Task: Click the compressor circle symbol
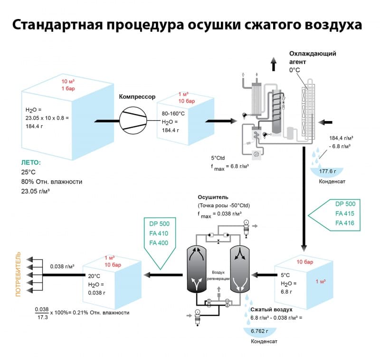click(x=133, y=121)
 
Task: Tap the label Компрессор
click(x=137, y=97)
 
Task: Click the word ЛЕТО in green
click(x=31, y=162)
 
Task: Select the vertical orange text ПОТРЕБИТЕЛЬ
click(x=18, y=274)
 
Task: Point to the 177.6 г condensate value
click(x=327, y=171)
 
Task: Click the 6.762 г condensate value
click(x=259, y=331)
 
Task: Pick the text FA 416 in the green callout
click(x=345, y=223)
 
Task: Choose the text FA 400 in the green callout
click(x=159, y=243)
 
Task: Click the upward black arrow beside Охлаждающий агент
click(x=274, y=64)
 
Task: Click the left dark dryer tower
click(x=197, y=269)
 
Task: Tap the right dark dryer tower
click(x=240, y=269)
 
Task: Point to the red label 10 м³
click(x=68, y=81)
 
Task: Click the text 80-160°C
click(x=173, y=114)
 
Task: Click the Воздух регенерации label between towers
click(x=218, y=275)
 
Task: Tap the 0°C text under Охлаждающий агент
click(x=294, y=70)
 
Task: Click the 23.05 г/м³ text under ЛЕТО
click(x=35, y=191)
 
